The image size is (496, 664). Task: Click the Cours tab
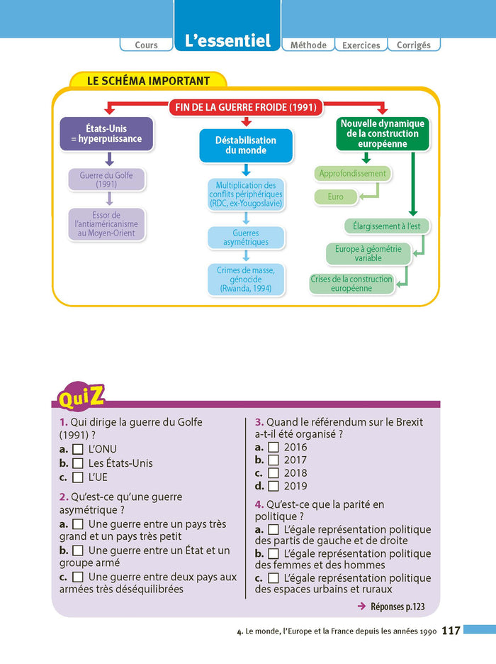[146, 45]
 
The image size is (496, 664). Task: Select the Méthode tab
[308, 45]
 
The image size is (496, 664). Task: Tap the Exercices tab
[361, 45]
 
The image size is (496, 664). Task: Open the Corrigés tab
[414, 45]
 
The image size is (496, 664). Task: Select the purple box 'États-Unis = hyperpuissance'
[106, 134]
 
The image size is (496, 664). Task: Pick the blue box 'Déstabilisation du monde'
[246, 145]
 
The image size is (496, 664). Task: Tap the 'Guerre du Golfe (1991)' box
[106, 179]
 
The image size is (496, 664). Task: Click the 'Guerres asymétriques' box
[246, 238]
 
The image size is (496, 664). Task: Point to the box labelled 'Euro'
[336, 197]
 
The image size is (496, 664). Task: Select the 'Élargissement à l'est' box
[387, 226]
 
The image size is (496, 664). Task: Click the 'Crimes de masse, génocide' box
[246, 279]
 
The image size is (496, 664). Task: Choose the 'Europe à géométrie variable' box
[368, 253]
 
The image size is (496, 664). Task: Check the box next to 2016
[273, 448]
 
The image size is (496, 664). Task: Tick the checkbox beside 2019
[273, 486]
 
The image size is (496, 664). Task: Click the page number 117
[451, 631]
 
